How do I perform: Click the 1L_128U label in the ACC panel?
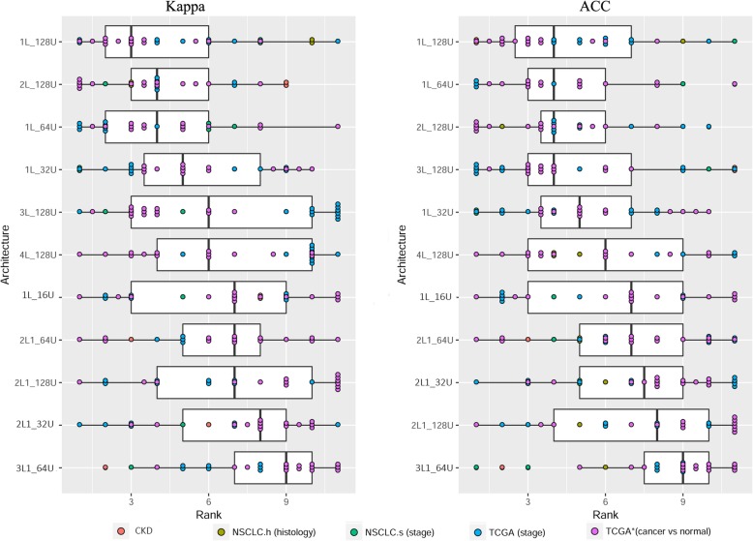441,42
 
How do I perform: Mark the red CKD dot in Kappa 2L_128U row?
286,84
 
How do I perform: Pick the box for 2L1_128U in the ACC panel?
631,425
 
